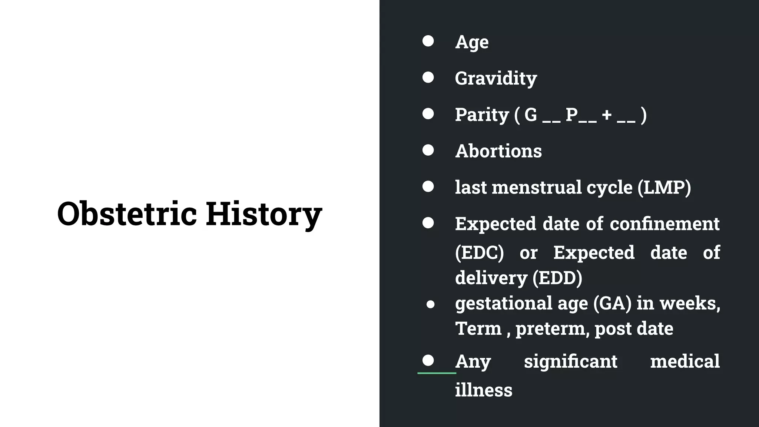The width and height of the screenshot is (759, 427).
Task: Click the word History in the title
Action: point(264,214)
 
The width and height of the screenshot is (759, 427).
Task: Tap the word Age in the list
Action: point(472,42)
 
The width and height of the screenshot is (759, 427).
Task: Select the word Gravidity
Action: point(496,79)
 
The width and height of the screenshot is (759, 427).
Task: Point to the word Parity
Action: point(482,115)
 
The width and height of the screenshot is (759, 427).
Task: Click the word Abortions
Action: point(498,151)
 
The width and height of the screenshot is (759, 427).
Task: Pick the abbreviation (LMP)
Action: point(664,188)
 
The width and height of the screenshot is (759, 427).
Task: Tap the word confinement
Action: point(664,224)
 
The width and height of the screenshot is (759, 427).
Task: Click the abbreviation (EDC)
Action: point(479,253)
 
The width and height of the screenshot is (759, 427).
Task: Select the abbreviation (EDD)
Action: point(557,278)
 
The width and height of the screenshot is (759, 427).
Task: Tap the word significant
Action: point(570,361)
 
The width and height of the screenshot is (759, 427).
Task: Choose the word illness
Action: point(484,390)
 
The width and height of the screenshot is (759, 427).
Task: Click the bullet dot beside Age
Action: point(428,41)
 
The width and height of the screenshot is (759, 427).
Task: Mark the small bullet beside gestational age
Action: point(430,305)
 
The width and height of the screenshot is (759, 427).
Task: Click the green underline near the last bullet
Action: point(437,373)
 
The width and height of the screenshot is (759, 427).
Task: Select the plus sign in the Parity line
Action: point(607,115)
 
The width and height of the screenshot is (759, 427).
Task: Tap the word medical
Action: point(685,361)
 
